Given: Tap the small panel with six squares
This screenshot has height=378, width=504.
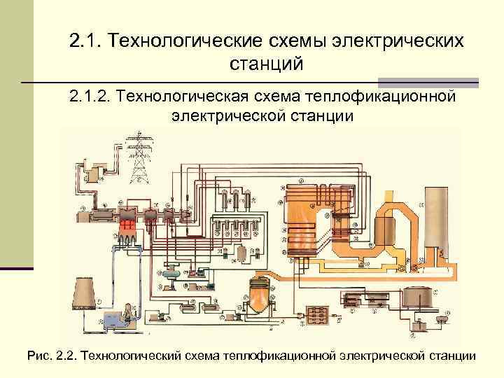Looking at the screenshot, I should pos(318,315).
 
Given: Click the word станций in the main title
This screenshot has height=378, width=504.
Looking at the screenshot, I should pos(266,64).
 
